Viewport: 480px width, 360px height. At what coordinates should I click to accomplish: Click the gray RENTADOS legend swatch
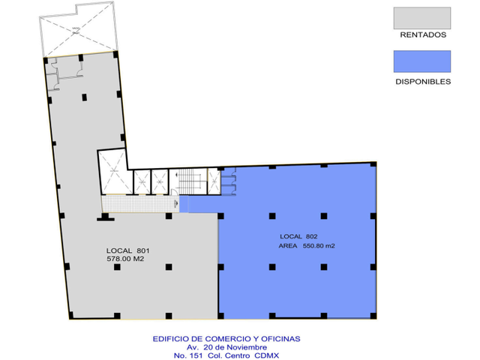click(421, 18)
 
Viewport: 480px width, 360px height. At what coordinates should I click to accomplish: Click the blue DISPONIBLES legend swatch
click(421, 61)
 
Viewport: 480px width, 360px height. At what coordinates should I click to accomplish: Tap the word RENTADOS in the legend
click(423, 35)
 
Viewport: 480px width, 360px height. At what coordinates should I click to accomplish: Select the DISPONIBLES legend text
click(423, 82)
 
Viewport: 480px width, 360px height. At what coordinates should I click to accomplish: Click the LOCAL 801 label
click(128, 250)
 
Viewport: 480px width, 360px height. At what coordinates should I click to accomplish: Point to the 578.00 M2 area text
click(125, 259)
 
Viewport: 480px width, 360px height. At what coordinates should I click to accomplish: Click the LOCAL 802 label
click(298, 236)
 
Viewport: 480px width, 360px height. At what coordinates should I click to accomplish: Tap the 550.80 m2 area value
click(319, 246)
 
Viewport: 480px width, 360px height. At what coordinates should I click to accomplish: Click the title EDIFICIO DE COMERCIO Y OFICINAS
click(226, 339)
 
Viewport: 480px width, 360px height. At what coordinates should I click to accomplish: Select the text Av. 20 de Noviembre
click(226, 347)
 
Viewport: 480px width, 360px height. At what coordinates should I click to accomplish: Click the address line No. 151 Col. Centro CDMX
click(226, 355)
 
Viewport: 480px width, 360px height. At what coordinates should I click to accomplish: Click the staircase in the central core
click(188, 181)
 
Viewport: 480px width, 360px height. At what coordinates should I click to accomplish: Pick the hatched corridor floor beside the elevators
click(140, 204)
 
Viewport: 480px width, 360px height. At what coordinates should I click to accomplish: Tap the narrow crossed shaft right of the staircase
click(214, 181)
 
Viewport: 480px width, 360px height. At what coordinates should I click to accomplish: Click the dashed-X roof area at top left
click(78, 30)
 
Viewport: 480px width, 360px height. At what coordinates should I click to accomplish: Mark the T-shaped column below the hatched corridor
click(105, 217)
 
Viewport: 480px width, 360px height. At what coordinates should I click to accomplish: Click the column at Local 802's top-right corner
click(373, 164)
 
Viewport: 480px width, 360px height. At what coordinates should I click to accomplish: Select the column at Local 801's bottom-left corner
click(70, 315)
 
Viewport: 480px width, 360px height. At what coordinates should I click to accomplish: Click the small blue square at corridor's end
click(184, 204)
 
